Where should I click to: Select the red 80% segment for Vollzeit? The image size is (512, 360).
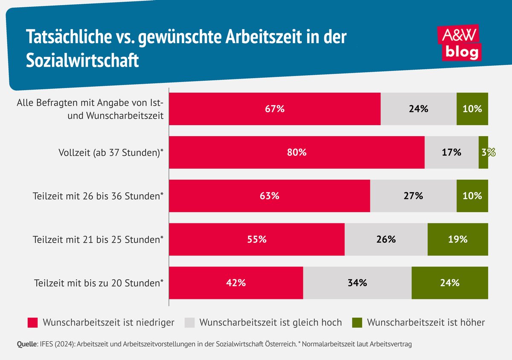pyautogui.click(x=297, y=152)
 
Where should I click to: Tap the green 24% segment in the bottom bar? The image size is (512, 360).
pyautogui.click(x=450, y=283)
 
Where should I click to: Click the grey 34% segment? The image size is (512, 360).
pyautogui.click(x=357, y=283)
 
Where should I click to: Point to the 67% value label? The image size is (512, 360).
pyautogui.click(x=274, y=109)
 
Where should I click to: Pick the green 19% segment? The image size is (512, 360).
pyautogui.click(x=457, y=239)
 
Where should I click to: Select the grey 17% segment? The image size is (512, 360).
pyautogui.click(x=451, y=152)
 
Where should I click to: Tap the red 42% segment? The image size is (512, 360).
pyautogui.click(x=236, y=283)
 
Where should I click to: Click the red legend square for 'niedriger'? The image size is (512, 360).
pyautogui.click(x=33, y=322)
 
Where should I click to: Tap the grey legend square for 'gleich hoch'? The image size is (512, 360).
pyautogui.click(x=189, y=322)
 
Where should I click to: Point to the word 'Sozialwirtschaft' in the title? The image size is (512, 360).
pyautogui.click(x=83, y=61)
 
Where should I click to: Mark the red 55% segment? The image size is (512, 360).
pyautogui.click(x=257, y=239)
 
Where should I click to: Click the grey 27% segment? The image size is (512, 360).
pyautogui.click(x=413, y=196)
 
